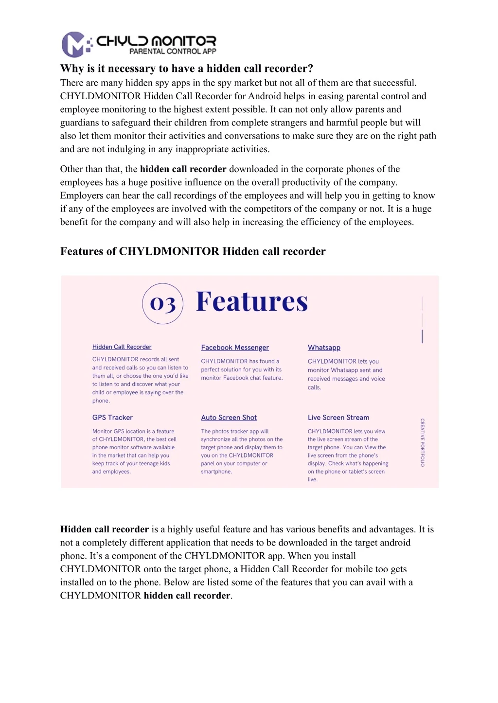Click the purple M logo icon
(x=74, y=45)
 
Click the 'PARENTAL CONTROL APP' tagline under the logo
(x=173, y=52)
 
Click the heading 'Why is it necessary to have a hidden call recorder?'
(x=186, y=69)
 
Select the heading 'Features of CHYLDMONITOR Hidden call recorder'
(x=193, y=251)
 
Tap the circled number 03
(x=162, y=304)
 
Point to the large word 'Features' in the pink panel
(x=252, y=301)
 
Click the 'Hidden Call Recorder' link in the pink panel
(x=122, y=347)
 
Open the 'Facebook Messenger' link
(x=235, y=348)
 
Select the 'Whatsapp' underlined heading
(x=324, y=348)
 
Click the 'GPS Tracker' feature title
(x=112, y=418)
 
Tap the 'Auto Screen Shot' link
(x=229, y=418)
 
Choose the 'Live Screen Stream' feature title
(x=338, y=418)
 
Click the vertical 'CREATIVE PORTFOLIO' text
(x=423, y=442)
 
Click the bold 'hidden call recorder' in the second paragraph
(x=183, y=169)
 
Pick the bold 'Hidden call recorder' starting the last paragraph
(x=105, y=529)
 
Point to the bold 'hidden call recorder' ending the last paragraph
(x=187, y=596)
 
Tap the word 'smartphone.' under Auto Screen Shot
(x=216, y=472)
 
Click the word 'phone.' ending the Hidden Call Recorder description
(x=101, y=401)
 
